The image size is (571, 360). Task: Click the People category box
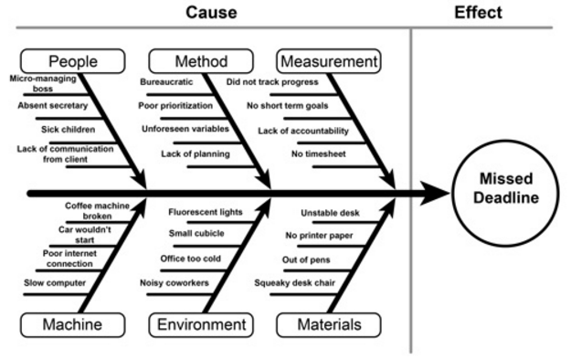pos(73,62)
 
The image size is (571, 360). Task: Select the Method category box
pos(200,62)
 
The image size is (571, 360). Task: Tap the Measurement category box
pos(328,62)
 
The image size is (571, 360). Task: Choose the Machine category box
pos(73,324)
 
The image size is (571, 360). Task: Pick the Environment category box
pos(202,324)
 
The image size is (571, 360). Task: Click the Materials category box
pos(328,324)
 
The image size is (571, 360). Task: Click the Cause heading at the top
pos(211,13)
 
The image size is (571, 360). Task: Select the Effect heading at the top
pos(478,13)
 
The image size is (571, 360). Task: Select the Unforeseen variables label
pos(185,129)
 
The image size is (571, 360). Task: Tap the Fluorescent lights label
pos(206,212)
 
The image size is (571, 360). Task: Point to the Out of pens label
pos(308,259)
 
